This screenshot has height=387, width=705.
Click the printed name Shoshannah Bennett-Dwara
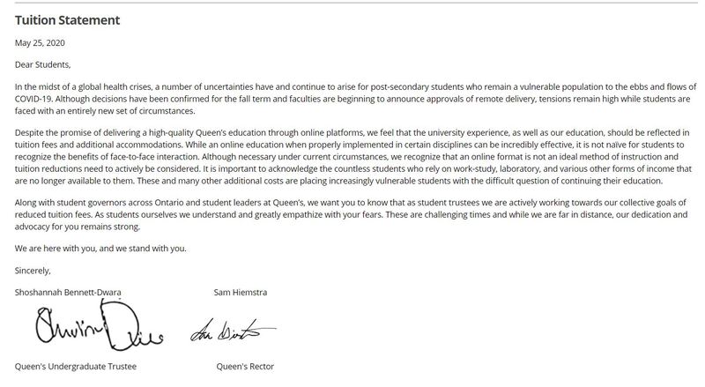70,292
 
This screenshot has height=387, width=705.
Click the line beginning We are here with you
101,248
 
